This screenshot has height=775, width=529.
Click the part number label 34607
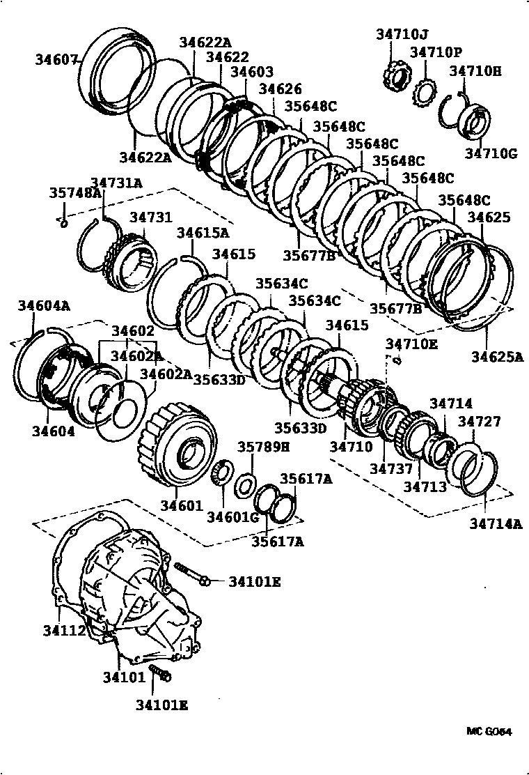pos(57,60)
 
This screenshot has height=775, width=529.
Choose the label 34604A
pos(43,305)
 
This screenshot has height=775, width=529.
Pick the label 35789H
pos(264,447)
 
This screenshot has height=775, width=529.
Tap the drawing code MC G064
pos(489,731)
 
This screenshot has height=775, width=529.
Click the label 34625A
pos(496,358)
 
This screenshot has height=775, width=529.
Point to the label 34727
pos(478,422)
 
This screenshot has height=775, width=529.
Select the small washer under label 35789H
pos(245,484)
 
